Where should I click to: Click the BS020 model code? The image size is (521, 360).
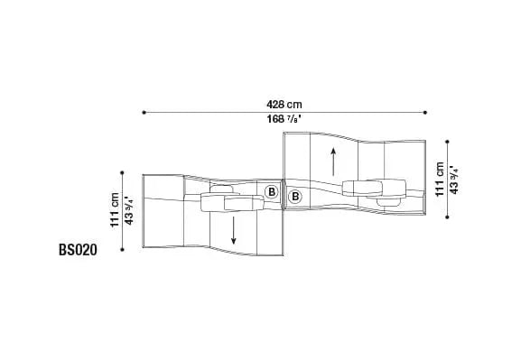coord(78,250)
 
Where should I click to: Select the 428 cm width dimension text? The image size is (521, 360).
coord(284,105)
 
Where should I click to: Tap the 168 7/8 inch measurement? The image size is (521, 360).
coord(284,119)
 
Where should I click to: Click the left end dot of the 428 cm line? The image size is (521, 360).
coord(144,113)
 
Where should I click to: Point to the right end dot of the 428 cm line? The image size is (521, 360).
coord(425,113)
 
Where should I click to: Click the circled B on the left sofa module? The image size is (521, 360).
coord(272,192)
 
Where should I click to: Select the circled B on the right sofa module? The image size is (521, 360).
coord(294,197)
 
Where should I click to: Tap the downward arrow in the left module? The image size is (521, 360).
coord(234,230)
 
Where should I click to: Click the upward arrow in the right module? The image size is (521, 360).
coord(333,162)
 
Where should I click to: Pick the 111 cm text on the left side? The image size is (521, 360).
coord(115,210)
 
